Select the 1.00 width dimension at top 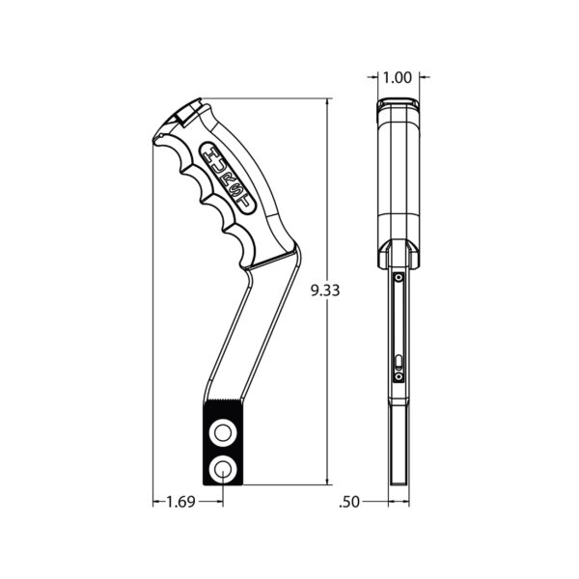click(397, 77)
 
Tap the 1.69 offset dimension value click(179, 502)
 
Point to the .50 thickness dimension click(350, 502)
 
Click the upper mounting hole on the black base click(224, 430)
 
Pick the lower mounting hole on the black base click(224, 469)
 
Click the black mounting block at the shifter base click(224, 450)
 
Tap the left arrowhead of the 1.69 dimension click(157, 502)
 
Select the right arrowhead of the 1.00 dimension click(423, 77)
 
